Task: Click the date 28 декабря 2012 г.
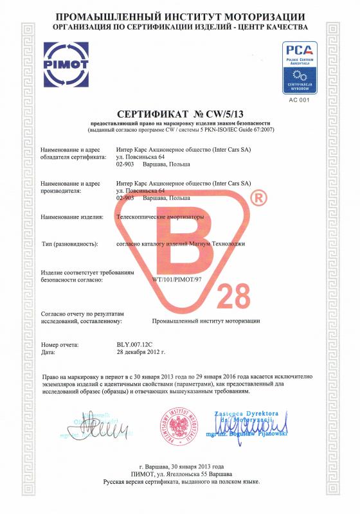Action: (141, 353)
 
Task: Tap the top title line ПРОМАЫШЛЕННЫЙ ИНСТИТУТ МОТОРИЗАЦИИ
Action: (180, 15)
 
